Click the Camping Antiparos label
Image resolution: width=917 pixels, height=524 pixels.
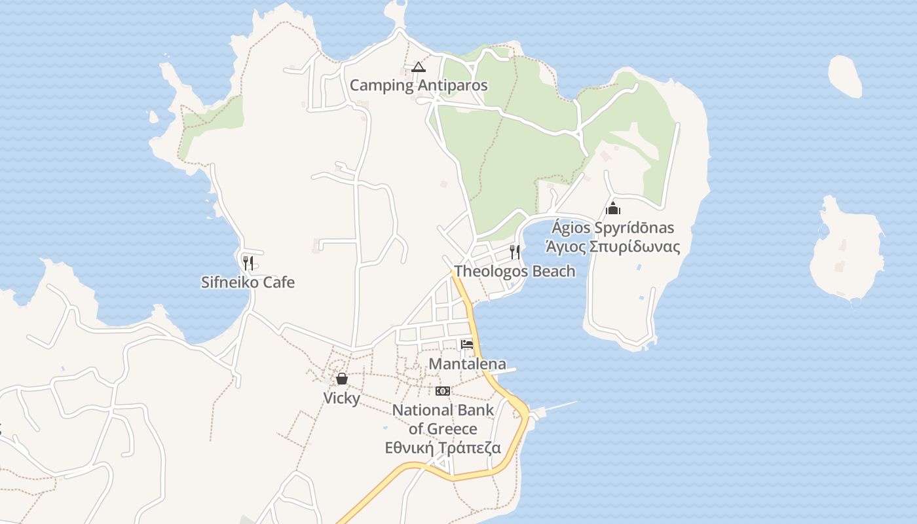coord(419,85)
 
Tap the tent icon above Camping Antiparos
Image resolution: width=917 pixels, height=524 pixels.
coord(419,67)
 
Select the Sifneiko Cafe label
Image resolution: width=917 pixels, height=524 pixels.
coord(248,283)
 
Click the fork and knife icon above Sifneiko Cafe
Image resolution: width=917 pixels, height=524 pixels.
coord(248,263)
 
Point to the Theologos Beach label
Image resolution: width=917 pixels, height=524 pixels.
coord(515,271)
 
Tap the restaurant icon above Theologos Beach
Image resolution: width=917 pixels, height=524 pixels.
coord(515,252)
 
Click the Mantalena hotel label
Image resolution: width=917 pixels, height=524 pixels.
coord(467,364)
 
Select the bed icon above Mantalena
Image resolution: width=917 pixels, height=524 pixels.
coord(467,345)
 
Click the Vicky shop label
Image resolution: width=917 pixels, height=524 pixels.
coord(341,398)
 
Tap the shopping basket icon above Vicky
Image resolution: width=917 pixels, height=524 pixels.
coord(341,379)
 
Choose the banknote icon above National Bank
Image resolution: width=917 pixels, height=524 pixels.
coord(443,391)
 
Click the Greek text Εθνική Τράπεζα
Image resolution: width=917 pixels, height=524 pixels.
coord(443,448)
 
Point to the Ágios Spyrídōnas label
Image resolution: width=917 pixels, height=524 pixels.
coord(612,228)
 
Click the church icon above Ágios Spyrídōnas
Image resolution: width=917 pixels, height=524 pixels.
coord(613,209)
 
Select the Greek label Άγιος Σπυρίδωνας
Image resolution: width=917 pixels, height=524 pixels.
coord(612,247)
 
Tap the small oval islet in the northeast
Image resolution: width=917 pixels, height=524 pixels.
coord(845,76)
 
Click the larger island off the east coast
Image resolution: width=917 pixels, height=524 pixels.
coord(847,252)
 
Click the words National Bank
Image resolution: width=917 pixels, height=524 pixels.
coord(443,411)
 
